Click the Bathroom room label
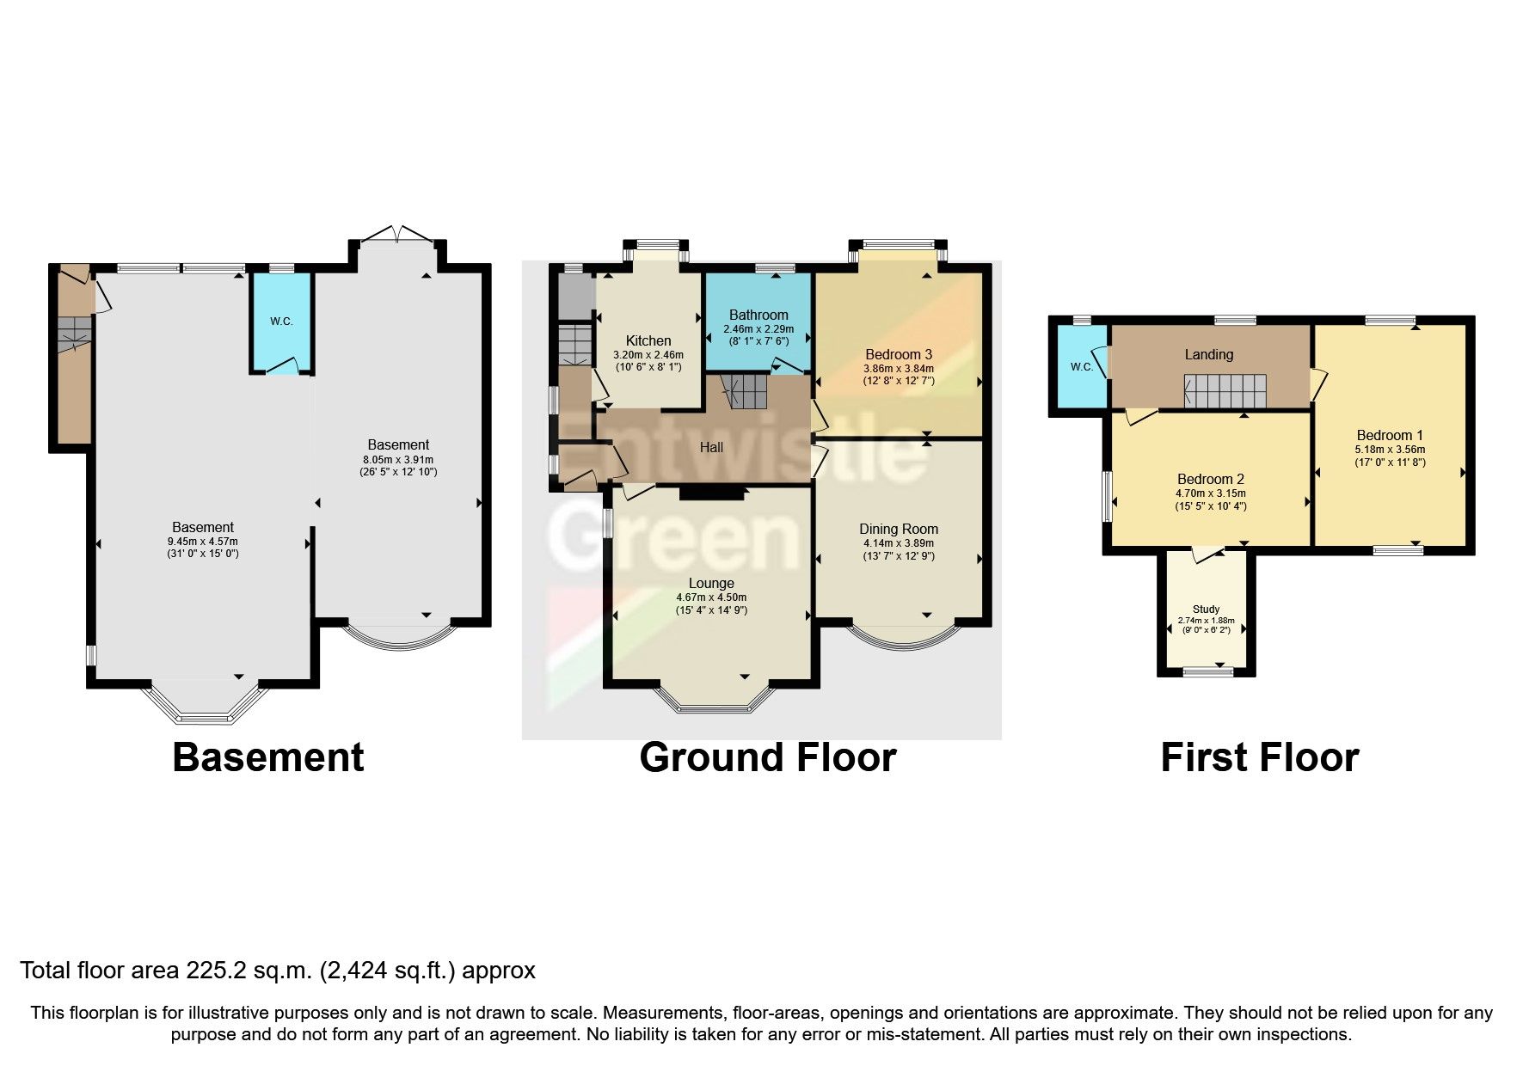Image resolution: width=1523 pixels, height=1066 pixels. (x=758, y=315)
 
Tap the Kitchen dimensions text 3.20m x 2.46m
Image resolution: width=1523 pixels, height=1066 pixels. (x=648, y=355)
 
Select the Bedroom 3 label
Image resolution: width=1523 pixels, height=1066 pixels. (x=899, y=354)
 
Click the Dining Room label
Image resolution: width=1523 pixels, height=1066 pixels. (x=899, y=529)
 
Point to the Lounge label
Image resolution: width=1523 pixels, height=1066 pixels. (x=711, y=583)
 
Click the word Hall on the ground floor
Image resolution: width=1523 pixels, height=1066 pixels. (x=711, y=447)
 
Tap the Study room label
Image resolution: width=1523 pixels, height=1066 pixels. (x=1206, y=609)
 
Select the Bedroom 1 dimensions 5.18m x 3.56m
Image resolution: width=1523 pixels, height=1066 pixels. (x=1390, y=450)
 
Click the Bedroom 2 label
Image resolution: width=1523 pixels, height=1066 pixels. (x=1210, y=479)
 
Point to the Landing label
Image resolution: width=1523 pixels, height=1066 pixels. (x=1208, y=354)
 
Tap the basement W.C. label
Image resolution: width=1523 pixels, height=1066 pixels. (x=281, y=322)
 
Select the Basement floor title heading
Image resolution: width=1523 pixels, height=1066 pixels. (x=268, y=757)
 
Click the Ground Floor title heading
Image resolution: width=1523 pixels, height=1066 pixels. (x=767, y=757)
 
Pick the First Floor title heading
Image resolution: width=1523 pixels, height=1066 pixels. (x=1259, y=757)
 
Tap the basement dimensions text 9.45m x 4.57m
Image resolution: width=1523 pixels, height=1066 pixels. (x=202, y=542)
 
